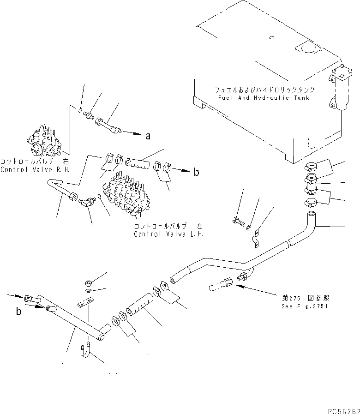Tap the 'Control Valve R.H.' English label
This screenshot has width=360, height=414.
(35, 169)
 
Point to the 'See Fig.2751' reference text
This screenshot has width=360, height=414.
(304, 306)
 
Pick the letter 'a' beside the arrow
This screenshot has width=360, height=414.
(148, 136)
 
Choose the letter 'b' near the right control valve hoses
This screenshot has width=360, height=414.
(196, 173)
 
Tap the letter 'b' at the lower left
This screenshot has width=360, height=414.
(19, 312)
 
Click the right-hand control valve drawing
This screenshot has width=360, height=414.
(45, 138)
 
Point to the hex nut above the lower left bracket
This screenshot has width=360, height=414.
(88, 282)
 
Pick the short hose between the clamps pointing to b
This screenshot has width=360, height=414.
(139, 162)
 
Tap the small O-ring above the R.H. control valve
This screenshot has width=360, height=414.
(81, 110)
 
